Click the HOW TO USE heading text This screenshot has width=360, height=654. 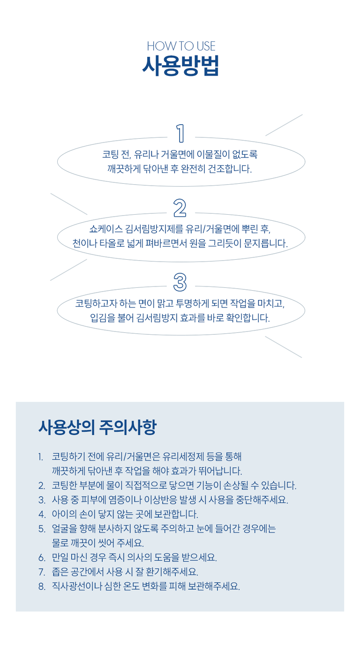point(181,46)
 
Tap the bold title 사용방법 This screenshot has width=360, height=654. point(180,66)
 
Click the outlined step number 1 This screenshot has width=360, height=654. point(180,134)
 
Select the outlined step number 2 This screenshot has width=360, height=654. point(180,208)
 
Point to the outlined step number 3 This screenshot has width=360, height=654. point(180,282)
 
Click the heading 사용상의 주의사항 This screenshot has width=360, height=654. point(97,428)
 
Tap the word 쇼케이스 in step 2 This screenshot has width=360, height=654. point(106,229)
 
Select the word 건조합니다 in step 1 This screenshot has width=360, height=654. point(230,169)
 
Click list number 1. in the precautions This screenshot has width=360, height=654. point(41,457)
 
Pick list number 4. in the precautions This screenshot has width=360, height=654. point(42,514)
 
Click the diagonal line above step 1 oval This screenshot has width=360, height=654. point(284,125)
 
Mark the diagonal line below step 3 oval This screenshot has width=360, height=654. point(284,347)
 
